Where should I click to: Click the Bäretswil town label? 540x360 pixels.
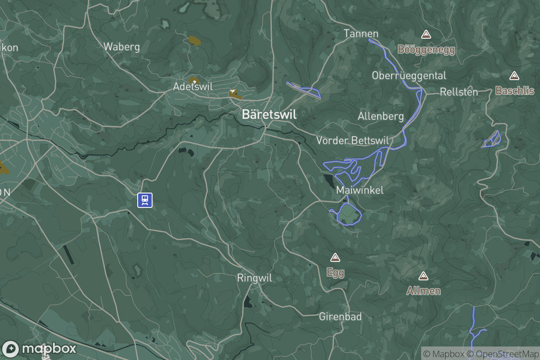(x=269, y=114)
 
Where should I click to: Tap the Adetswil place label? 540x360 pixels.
(x=193, y=86)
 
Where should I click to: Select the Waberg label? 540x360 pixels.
(x=121, y=46)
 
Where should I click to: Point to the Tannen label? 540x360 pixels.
(x=361, y=34)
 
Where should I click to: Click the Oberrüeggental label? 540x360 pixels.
(x=409, y=76)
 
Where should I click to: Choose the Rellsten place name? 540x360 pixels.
(x=459, y=92)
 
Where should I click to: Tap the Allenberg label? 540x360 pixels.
(x=381, y=116)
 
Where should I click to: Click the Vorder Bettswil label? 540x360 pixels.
(x=352, y=140)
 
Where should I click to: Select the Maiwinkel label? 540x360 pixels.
(x=360, y=190)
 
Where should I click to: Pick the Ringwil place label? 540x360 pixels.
(x=255, y=278)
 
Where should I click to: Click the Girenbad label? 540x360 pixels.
(x=340, y=317)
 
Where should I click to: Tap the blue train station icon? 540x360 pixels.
(x=145, y=200)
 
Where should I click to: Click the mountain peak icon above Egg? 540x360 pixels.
(x=335, y=257)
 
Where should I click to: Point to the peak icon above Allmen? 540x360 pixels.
(x=423, y=276)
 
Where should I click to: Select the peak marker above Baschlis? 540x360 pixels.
(x=514, y=76)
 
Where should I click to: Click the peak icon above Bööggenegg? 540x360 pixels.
(x=426, y=34)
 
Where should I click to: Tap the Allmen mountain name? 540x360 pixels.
(x=423, y=291)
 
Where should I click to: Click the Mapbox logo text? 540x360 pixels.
(x=49, y=349)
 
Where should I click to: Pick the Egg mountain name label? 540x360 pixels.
(x=335, y=273)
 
